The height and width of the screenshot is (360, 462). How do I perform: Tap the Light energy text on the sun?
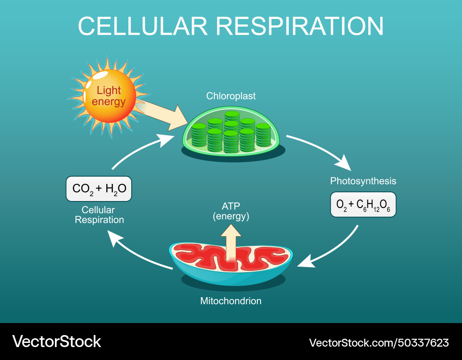pos(109,96)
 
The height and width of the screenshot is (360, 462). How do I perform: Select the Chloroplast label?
pos(231,96)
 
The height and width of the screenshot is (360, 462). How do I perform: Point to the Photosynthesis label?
pos(363,181)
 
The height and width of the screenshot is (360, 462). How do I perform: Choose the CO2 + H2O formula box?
pos(99,189)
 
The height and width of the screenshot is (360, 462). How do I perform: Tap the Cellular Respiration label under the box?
pos(99,215)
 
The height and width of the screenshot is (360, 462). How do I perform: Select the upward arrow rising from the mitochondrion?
pos(231,243)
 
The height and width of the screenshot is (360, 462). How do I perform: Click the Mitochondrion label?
pos(231,301)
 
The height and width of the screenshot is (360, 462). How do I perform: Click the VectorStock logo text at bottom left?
pos(57,342)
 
